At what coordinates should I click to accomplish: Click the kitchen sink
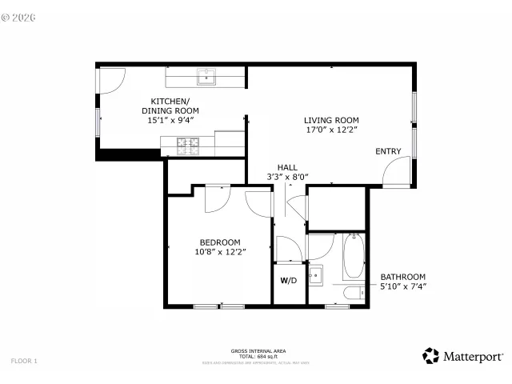coord(206,77)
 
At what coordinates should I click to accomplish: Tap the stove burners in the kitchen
coord(190,146)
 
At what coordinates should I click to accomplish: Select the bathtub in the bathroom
coord(353,257)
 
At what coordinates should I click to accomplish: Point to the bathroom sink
coord(316,276)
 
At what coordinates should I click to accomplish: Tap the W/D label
coord(288,281)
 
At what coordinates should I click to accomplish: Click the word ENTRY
coord(389,151)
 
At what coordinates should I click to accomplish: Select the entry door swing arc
coord(395,170)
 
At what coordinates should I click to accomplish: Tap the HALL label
coord(287,167)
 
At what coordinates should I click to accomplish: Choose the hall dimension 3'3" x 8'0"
coord(287,177)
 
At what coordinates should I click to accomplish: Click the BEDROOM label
coord(219,242)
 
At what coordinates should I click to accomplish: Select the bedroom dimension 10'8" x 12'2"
coord(219,252)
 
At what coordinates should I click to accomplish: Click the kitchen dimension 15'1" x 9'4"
coord(170,121)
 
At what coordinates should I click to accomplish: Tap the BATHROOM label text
coord(402,277)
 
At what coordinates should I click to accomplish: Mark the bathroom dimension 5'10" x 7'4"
coord(402,286)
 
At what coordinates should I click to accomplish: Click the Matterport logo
coord(463,356)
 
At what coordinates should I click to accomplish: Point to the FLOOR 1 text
coord(24,361)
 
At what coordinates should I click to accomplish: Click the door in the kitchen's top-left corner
coord(111,78)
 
